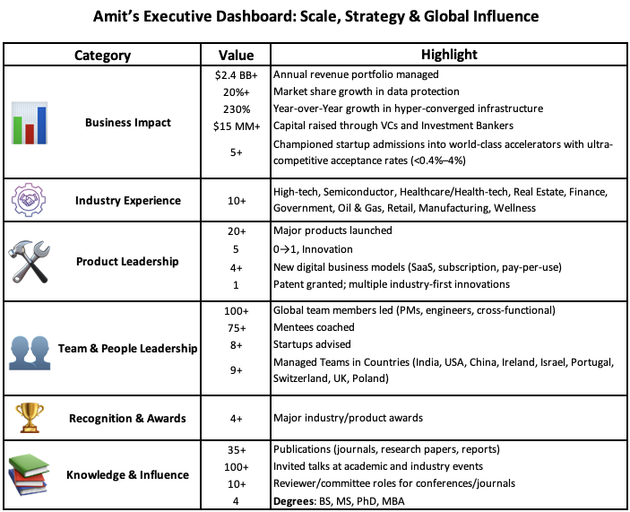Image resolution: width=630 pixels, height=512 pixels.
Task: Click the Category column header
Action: coord(102,55)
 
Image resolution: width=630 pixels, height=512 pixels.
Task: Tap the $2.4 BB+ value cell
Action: coord(235,74)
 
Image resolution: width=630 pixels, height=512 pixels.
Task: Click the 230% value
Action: coord(235,108)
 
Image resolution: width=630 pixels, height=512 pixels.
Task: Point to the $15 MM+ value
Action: coord(235,125)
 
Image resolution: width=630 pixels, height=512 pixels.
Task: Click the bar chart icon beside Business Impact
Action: coord(30,122)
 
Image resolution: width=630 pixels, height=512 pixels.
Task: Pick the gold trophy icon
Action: coord(30,417)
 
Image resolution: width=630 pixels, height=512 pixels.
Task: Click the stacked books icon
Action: coord(30,474)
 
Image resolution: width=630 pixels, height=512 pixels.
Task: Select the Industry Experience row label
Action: coord(128,201)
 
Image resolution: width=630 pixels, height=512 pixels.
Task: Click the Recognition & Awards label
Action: coord(128,418)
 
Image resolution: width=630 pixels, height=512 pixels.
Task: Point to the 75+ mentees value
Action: coord(235,327)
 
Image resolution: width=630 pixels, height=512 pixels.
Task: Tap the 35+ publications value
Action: coord(235,449)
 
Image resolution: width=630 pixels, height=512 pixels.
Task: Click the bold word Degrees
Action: coord(295,500)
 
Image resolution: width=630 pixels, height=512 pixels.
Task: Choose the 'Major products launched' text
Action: coord(334,230)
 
